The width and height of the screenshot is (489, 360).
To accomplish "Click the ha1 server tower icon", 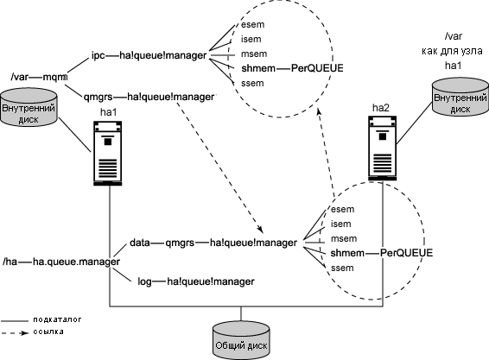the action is (x=108, y=154).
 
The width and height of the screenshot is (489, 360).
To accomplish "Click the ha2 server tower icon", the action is (x=383, y=148).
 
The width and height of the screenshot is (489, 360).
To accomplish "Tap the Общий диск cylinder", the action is (x=241, y=341).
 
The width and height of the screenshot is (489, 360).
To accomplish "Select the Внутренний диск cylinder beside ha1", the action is (x=29, y=107).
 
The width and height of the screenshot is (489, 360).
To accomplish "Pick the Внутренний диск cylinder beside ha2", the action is (x=460, y=98).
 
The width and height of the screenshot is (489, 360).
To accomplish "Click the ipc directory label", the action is (x=98, y=55).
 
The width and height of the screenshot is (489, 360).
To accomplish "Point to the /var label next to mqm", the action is (x=19, y=77).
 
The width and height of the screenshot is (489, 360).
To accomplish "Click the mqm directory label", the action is (x=55, y=77).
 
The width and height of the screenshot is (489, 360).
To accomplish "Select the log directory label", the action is (x=144, y=281).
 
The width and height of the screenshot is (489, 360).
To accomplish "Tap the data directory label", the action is (x=140, y=243).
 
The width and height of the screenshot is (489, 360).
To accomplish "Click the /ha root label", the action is (x=10, y=262).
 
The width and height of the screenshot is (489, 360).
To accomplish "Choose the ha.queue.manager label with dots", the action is (x=76, y=262).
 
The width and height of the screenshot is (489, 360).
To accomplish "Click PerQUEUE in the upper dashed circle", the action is (x=317, y=68).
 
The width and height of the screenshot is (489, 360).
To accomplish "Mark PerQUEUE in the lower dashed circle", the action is (x=406, y=253).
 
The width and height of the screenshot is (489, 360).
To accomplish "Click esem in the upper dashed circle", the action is (x=252, y=25).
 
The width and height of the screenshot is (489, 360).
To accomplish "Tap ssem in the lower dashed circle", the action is (x=342, y=268).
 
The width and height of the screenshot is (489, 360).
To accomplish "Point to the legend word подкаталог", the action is (x=57, y=319).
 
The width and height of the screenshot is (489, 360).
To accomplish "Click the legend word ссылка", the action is (x=48, y=332).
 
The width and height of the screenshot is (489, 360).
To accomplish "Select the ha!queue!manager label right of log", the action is (x=211, y=281).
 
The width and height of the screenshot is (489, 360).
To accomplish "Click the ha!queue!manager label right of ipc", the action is (x=162, y=55).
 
